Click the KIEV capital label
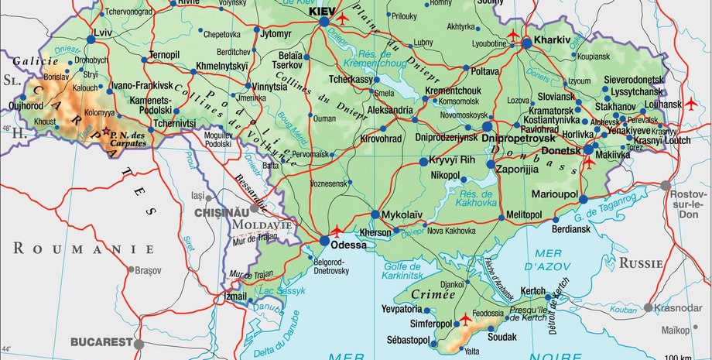click(x=323, y=12)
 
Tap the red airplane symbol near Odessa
click(x=337, y=231)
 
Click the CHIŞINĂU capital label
click(x=225, y=212)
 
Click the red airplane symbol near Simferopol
click(x=465, y=318)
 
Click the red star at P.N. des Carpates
click(x=106, y=135)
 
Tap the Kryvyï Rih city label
click(x=456, y=159)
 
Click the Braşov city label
click(x=146, y=271)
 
